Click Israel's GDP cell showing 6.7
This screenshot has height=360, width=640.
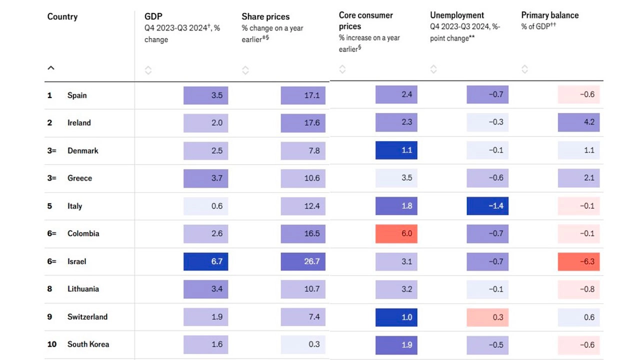coord(205,261)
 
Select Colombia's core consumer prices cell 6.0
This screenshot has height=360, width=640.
coord(396,233)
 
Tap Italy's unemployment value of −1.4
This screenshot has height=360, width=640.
coord(487,206)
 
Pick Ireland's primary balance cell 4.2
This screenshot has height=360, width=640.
coord(578,122)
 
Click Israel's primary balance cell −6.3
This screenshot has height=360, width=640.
coord(578,261)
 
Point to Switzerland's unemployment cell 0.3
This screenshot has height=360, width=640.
coord(487,317)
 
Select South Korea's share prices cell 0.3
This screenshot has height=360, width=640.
coord(303,344)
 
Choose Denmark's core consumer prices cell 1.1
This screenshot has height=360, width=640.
coord(396,150)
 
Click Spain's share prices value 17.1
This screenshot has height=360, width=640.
coord(303,95)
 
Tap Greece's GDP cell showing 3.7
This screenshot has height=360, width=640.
coord(205,178)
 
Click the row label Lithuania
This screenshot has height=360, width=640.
coord(83,289)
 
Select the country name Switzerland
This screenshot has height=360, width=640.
coord(87,317)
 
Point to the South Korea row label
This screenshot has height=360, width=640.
coord(88,344)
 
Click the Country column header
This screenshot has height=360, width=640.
coord(62,16)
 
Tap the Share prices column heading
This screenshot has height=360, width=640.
coord(265,16)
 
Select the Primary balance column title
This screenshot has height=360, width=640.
coord(549,15)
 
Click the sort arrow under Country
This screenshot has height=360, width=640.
coord(51,68)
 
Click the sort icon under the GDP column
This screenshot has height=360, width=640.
coord(148,70)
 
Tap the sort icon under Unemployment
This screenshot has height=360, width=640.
coord(433,69)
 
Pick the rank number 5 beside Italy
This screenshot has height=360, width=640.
coord(49,206)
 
